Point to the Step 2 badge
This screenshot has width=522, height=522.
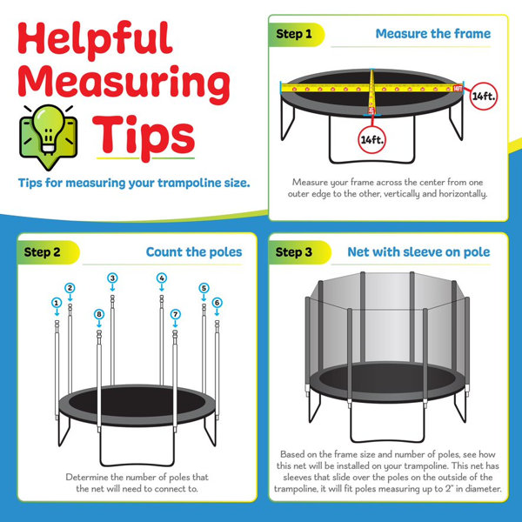click(43, 252)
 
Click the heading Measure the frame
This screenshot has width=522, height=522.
click(432, 34)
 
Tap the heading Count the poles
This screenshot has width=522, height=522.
click(193, 252)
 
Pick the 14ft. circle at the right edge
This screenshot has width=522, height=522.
click(483, 96)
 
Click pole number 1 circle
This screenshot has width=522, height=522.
click(57, 303)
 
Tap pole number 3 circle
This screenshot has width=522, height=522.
click(112, 278)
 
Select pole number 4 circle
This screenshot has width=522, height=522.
click(161, 278)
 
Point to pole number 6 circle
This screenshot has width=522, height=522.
click(217, 302)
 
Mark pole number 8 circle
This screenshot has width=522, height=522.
click(99, 314)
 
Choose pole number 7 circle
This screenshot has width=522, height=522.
click(175, 314)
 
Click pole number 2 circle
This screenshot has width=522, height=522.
click(70, 288)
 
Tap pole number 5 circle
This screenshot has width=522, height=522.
click(204, 288)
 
